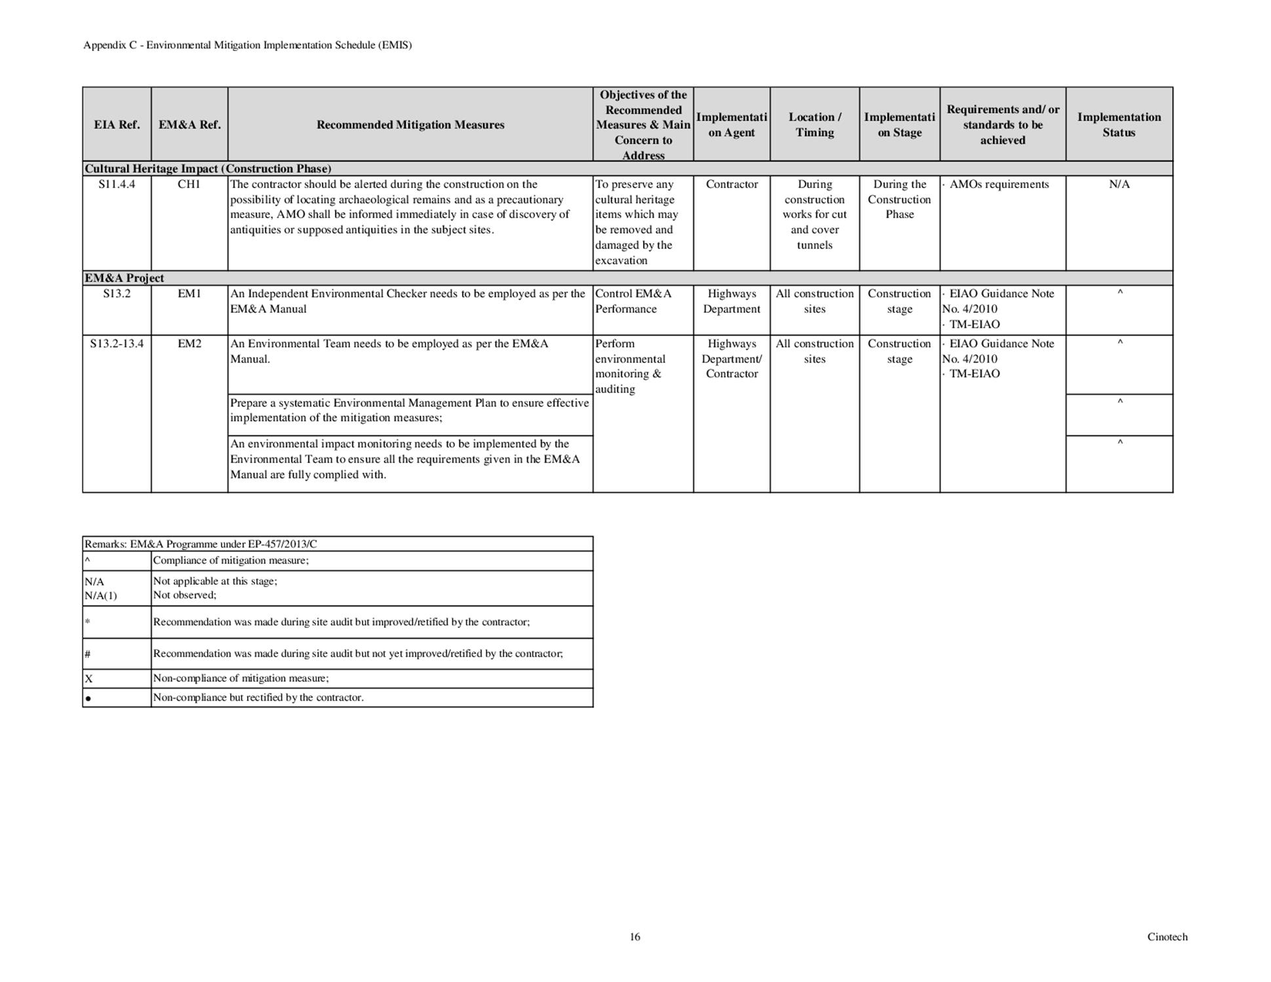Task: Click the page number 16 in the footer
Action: [x=635, y=937]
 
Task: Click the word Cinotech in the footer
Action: [x=1167, y=937]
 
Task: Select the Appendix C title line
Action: [x=247, y=45]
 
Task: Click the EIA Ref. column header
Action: [x=117, y=125]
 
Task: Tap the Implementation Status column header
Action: [x=1118, y=125]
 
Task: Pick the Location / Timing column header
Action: [x=814, y=125]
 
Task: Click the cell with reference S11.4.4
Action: [x=117, y=184]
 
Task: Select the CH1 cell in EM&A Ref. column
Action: [x=189, y=184]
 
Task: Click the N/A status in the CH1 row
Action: [x=1119, y=184]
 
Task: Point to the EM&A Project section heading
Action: [x=125, y=278]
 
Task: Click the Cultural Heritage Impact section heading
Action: [x=208, y=168]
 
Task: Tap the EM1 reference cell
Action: [x=189, y=294]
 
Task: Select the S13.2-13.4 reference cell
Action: [x=117, y=344]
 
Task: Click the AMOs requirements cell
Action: [x=998, y=184]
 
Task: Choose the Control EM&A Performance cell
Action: [x=633, y=302]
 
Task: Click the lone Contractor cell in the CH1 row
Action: [x=732, y=184]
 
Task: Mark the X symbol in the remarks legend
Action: [x=88, y=679]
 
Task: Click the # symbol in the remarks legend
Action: [x=87, y=654]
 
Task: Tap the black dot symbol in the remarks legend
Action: [x=88, y=699]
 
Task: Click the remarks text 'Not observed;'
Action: [x=184, y=595]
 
